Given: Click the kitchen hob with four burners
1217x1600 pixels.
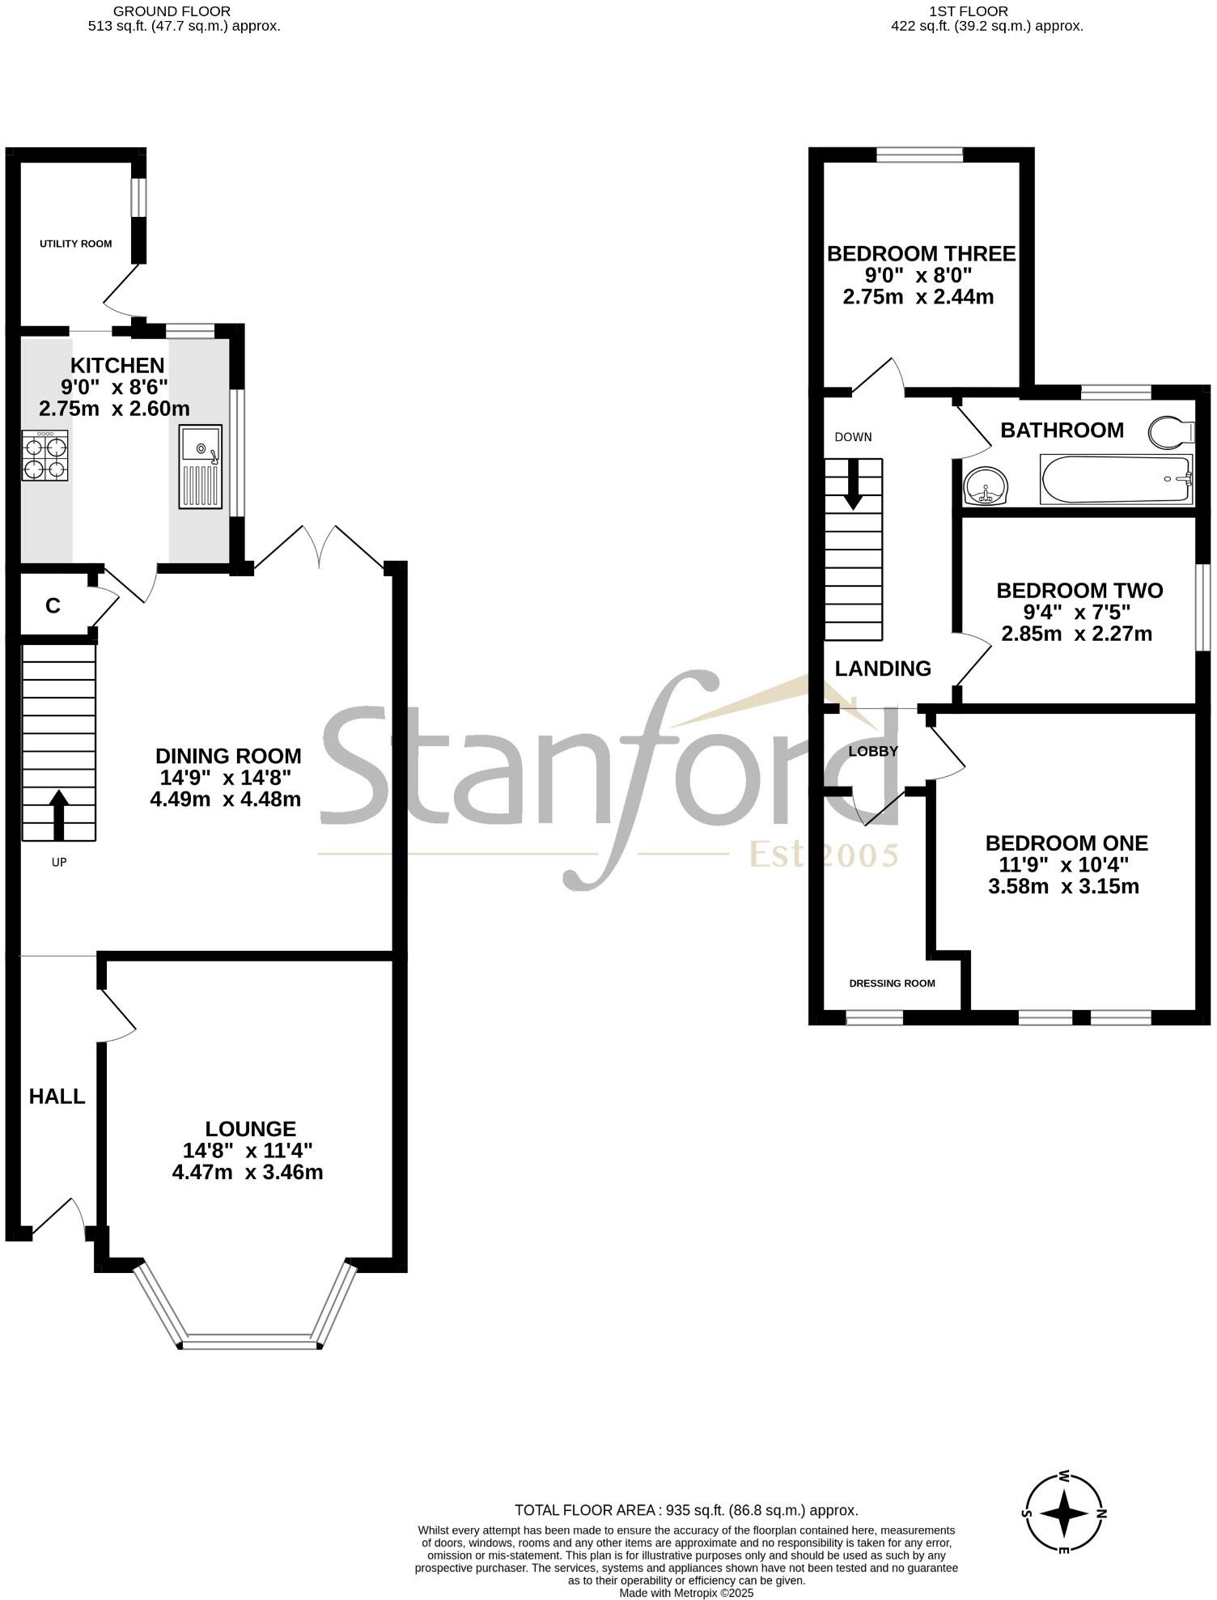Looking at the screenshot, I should click(x=45, y=456).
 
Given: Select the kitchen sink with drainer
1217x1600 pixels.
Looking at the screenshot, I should click(x=201, y=467).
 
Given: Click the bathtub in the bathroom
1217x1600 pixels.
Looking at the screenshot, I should click(x=1117, y=480).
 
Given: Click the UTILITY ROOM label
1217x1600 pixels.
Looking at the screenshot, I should click(x=76, y=244).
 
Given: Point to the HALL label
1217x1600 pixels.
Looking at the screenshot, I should click(x=57, y=1097).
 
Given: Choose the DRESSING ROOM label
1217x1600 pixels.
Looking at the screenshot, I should click(x=892, y=983).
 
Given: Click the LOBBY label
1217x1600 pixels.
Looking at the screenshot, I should click(x=873, y=751).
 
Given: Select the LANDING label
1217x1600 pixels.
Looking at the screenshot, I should click(x=883, y=668).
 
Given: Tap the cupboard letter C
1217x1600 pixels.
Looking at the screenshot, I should click(x=53, y=605).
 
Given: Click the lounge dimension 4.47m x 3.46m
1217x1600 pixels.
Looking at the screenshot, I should click(x=248, y=1172).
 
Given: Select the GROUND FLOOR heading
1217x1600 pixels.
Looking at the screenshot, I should click(x=172, y=11).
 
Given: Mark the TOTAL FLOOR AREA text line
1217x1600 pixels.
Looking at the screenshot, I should click(x=686, y=1510).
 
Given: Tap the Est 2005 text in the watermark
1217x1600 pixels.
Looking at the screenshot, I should click(x=824, y=855).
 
